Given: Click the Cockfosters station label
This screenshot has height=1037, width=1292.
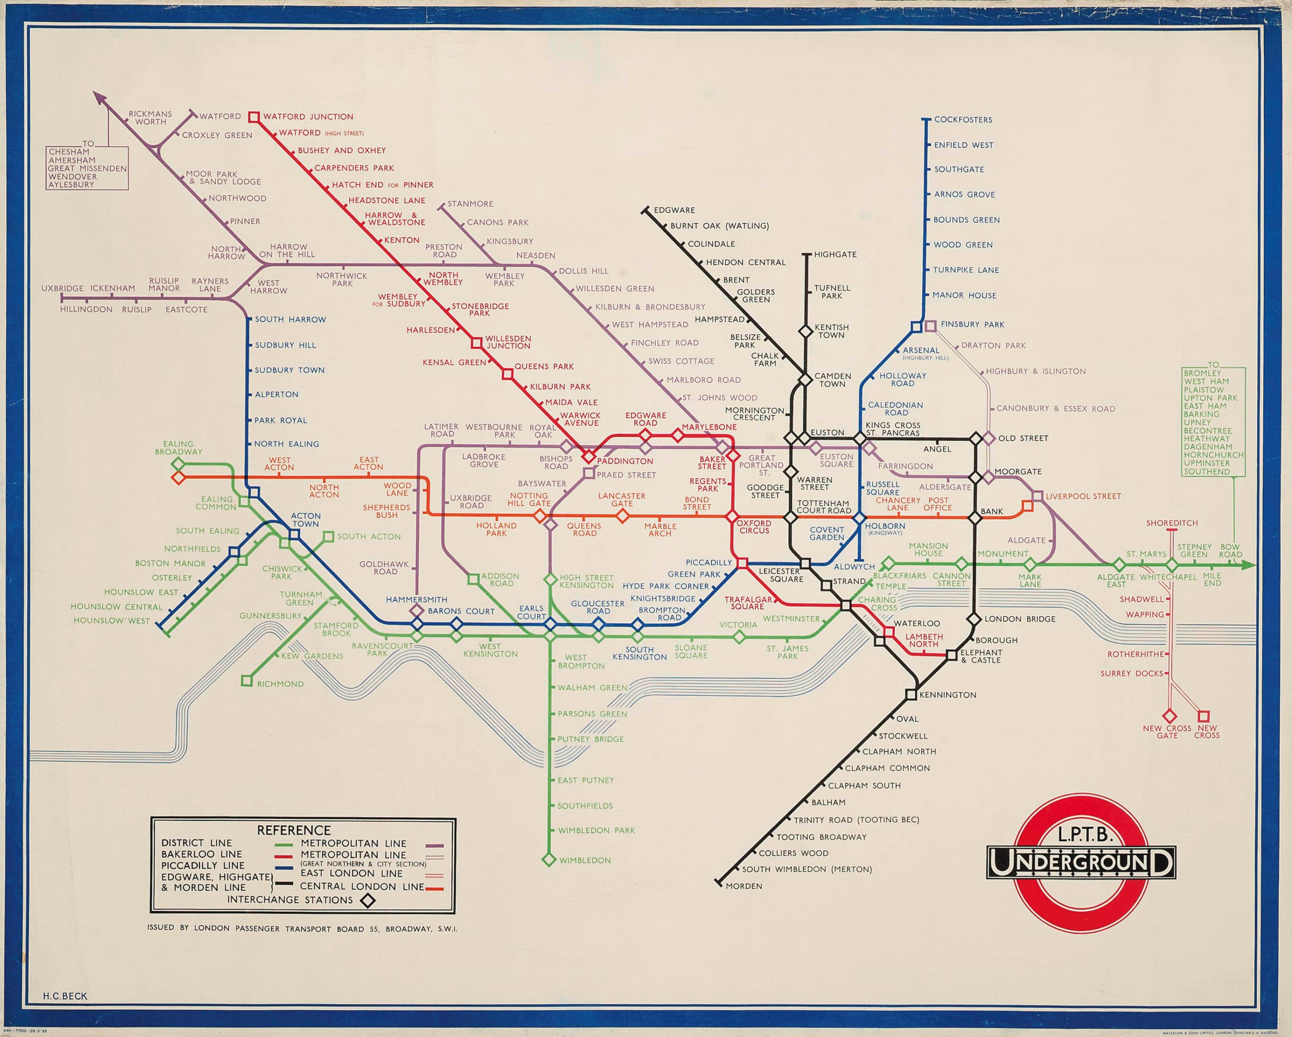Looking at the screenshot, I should tap(963, 120).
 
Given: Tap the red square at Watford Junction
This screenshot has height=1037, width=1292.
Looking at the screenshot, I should tap(254, 117).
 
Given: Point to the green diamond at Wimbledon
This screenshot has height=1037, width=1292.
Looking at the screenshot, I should tap(548, 859).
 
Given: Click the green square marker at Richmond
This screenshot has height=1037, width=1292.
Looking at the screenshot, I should tap(246, 680).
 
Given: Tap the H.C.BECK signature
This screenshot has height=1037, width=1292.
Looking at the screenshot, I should tap(65, 996).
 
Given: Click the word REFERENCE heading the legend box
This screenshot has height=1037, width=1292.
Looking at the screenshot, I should tap(293, 830).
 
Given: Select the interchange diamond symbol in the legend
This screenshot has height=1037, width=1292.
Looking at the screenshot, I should tap(367, 900).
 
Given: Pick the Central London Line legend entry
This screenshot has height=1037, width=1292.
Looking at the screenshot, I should tap(362, 887).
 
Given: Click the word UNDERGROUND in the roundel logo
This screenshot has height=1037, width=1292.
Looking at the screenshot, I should tap(1080, 864).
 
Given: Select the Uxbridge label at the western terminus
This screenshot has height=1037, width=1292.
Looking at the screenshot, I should tap(62, 288).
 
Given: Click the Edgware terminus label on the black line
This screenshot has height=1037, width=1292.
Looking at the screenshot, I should tap(674, 211).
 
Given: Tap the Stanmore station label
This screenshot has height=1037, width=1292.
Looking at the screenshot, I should tap(471, 204).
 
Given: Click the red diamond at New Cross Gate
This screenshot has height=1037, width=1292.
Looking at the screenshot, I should tap(1169, 716).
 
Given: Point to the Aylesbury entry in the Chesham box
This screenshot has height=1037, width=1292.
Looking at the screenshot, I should tap(71, 185).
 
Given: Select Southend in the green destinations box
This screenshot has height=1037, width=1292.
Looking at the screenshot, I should tap(1207, 472).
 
